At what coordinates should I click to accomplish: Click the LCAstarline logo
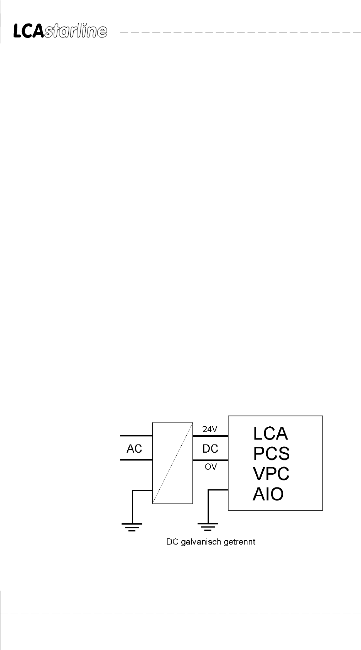pos(60,31)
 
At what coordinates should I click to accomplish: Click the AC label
pos(134,449)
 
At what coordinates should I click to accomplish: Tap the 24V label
pos(210,429)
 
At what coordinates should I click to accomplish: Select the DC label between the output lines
pos(210,448)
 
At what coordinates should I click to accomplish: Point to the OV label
pos(211,467)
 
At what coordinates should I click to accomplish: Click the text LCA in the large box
pos(270,433)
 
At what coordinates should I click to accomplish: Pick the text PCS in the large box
pos(271,453)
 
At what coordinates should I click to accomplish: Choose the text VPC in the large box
pos(271,473)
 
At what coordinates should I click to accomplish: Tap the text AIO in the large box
pos(268,494)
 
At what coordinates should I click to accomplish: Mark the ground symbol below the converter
pos(132,526)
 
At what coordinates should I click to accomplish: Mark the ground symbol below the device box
pos(208,526)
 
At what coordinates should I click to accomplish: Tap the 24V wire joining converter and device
pos(210,436)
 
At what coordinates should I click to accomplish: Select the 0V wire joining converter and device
pos(210,460)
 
